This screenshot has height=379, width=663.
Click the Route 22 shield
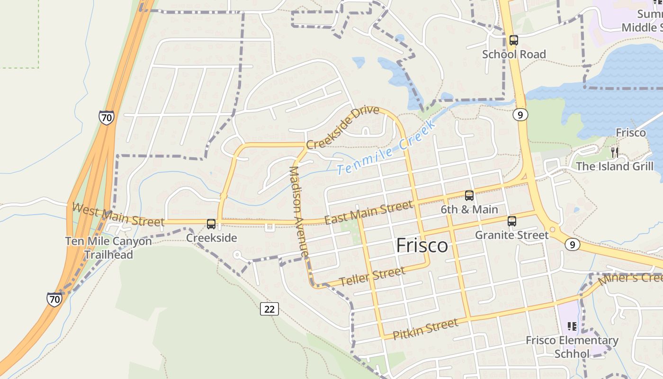(x=269, y=309)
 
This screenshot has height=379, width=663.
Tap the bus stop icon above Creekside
(x=211, y=224)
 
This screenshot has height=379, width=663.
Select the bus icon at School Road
(x=514, y=40)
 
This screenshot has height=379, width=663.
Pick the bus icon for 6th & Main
(x=469, y=195)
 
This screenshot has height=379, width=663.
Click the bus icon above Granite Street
(x=511, y=221)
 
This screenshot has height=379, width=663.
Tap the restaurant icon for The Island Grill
(x=614, y=152)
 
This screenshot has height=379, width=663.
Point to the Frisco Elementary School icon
(x=572, y=326)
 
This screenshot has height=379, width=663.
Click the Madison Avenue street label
(x=300, y=212)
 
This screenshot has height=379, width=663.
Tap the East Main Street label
(x=368, y=212)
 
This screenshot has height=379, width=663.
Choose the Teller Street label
(x=372, y=276)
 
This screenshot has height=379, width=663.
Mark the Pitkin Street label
(x=426, y=328)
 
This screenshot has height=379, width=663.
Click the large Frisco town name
(x=421, y=245)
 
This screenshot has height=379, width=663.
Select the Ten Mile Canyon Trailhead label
(x=108, y=248)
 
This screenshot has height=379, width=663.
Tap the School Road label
(x=514, y=54)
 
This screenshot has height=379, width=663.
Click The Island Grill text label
(x=614, y=166)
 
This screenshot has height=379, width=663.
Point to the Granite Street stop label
(x=511, y=235)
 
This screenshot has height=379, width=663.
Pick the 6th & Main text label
(x=469, y=209)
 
